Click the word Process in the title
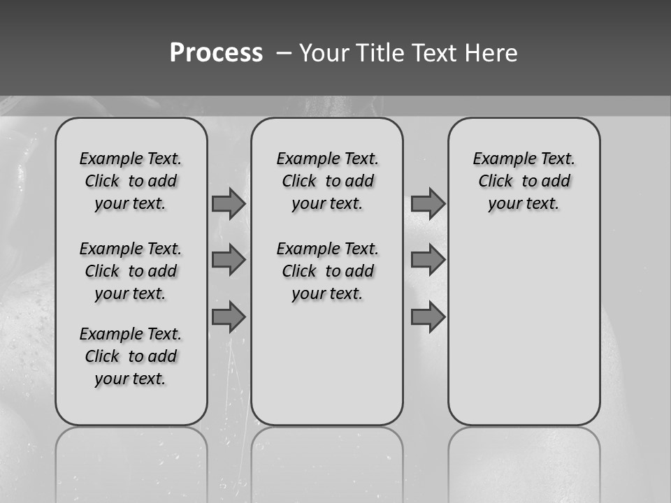point(216,53)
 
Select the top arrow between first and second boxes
point(228,203)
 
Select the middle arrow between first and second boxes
point(228,260)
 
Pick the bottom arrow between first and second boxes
point(228,317)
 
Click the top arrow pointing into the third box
point(428,203)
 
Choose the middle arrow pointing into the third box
point(428,260)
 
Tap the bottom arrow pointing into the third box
point(428,317)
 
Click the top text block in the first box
point(131,181)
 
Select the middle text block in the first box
point(131,271)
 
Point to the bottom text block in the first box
point(131,356)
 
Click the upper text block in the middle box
point(328,181)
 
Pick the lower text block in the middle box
point(328,271)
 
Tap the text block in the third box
point(524,181)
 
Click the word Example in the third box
point(498,159)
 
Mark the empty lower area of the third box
point(524,328)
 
